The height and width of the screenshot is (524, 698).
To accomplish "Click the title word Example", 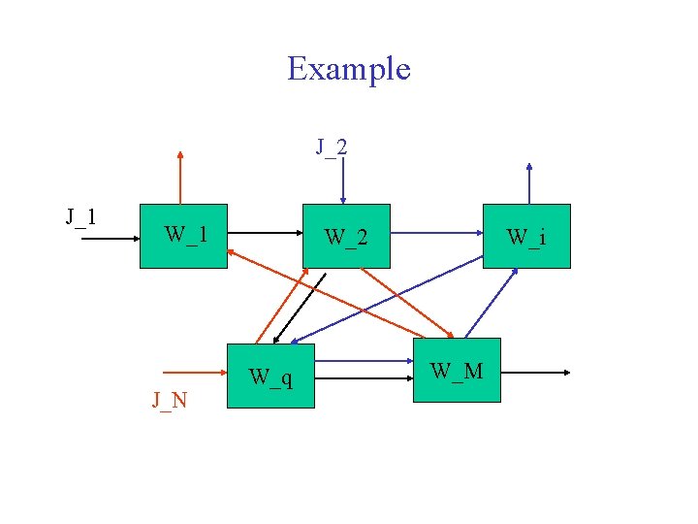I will pyautogui.click(x=349, y=69).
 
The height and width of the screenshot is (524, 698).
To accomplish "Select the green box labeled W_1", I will pyautogui.click(x=183, y=236).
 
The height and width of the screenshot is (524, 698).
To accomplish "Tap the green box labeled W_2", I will pyautogui.click(x=346, y=236).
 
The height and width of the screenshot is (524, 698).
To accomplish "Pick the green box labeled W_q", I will pyautogui.click(x=270, y=376).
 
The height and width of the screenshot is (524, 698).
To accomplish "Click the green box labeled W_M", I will pyautogui.click(x=457, y=370).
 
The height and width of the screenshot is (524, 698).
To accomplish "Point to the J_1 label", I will pyautogui.click(x=80, y=216).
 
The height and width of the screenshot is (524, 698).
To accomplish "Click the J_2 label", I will pyautogui.click(x=332, y=147).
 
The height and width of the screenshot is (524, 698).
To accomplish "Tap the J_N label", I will pyautogui.click(x=170, y=400).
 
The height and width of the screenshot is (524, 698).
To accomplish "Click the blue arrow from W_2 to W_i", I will pyautogui.click(x=441, y=233).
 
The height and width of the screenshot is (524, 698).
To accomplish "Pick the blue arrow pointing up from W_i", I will pyautogui.click(x=528, y=183).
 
